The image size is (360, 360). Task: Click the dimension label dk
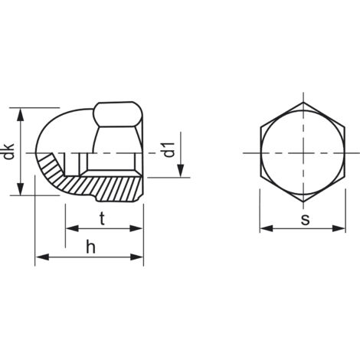(x=8, y=152)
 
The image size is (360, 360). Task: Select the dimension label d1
(x=169, y=149)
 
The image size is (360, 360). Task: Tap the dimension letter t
(x=102, y=219)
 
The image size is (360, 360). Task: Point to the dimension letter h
(x=90, y=247)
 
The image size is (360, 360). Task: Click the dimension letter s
(x=305, y=219)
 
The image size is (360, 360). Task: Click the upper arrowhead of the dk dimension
(x=21, y=114)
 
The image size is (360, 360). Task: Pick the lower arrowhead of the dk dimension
(x=21, y=189)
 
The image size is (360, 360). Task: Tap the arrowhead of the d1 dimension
(x=181, y=171)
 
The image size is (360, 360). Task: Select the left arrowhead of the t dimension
(x=72, y=228)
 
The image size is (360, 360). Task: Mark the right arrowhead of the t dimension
(x=136, y=228)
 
